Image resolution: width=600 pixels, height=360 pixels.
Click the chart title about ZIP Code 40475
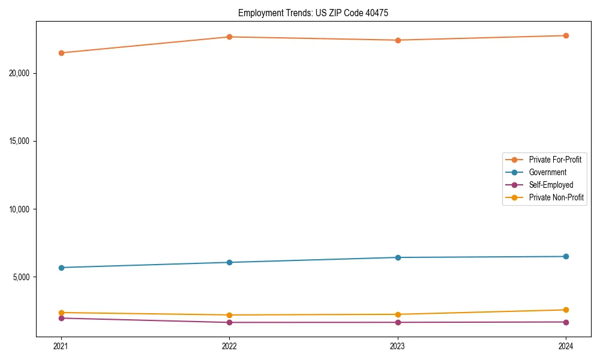pos(313,13)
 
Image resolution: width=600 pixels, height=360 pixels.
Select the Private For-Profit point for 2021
pos(61,53)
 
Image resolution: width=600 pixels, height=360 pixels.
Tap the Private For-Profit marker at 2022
pos(229,37)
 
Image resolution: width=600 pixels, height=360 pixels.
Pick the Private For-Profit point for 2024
pos(566,35)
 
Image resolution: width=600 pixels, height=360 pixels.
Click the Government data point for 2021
pos(61,268)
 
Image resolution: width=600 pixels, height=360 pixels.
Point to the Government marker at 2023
pos(398,257)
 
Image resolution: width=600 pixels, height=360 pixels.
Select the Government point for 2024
pos(566,257)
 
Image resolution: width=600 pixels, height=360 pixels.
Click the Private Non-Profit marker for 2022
pos(229,315)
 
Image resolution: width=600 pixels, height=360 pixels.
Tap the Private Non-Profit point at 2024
pos(566,310)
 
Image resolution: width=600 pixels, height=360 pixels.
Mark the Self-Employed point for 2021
pos(61,318)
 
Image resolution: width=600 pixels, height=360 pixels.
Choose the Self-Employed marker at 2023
pos(398,322)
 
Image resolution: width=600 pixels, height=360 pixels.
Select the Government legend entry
pos(547,172)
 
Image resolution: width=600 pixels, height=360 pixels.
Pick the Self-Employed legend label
pos(551,185)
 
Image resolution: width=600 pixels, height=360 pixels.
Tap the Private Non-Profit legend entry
pos(556,197)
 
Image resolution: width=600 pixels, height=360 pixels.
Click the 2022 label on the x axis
pos(229,346)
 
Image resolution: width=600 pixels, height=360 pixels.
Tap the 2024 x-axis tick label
pos(566,346)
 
